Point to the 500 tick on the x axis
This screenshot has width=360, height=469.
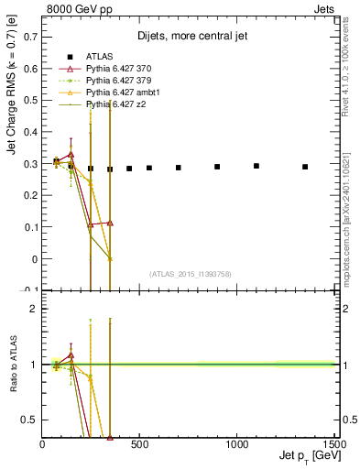140,445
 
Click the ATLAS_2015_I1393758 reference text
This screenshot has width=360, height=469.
190,274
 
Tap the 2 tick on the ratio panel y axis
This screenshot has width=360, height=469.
34,309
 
